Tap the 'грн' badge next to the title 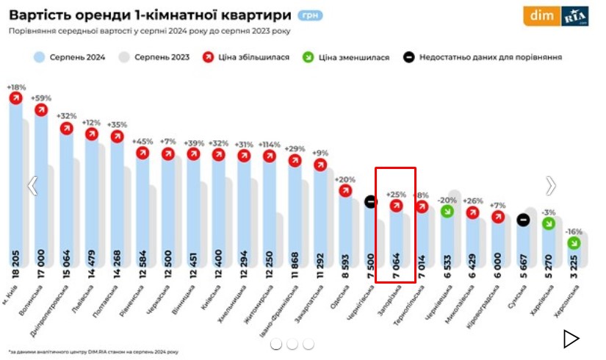[309, 15]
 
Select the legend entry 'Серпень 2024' [71, 57]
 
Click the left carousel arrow [32, 187]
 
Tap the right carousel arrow [550, 187]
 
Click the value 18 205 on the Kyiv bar [15, 265]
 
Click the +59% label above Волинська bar [41, 98]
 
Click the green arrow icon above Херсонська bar [572, 242]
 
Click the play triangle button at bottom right [571, 339]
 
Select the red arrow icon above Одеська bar [345, 190]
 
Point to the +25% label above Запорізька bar [396, 195]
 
